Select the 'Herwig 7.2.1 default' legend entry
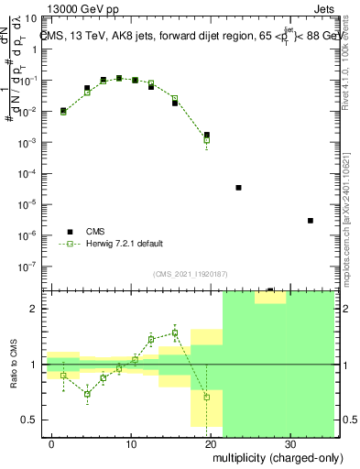tap(116, 244)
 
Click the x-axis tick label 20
tap(211, 442)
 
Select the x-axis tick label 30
tap(289, 442)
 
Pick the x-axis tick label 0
tap(52, 442)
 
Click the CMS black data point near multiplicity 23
tap(238, 188)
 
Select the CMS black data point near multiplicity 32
tap(311, 221)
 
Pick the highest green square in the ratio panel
tap(175, 333)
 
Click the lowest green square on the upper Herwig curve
tap(207, 140)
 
